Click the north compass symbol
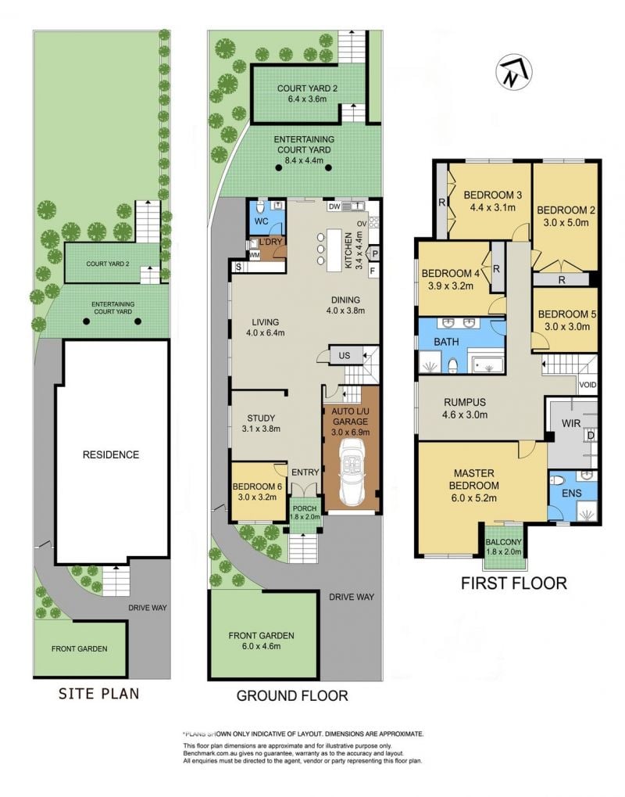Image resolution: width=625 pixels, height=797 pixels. [x=514, y=72]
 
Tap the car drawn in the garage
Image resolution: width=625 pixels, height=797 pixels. [x=351, y=472]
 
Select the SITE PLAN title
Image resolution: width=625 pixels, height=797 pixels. [x=98, y=693]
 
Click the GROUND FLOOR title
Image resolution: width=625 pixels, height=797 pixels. [x=292, y=695]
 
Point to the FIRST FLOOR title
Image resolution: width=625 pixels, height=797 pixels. [x=514, y=583]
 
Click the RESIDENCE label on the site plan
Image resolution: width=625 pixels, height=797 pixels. [x=111, y=454]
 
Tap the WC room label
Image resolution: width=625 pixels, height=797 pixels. [x=261, y=221]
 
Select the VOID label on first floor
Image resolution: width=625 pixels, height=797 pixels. [x=588, y=385]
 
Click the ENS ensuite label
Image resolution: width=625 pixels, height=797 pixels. [x=572, y=493]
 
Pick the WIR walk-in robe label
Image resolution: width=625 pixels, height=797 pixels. [x=571, y=423]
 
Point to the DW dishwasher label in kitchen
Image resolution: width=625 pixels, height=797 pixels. [x=334, y=206]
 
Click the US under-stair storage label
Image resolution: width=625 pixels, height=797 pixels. [x=345, y=355]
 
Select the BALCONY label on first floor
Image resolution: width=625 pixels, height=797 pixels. [x=504, y=542]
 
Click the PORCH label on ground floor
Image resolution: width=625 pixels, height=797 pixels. [x=305, y=508]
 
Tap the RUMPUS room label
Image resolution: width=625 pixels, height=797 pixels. [x=465, y=402]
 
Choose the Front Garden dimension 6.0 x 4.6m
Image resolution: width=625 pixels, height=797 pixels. [x=261, y=646]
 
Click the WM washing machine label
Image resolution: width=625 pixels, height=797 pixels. [x=255, y=254]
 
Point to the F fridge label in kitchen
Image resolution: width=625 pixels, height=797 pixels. [x=373, y=271]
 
